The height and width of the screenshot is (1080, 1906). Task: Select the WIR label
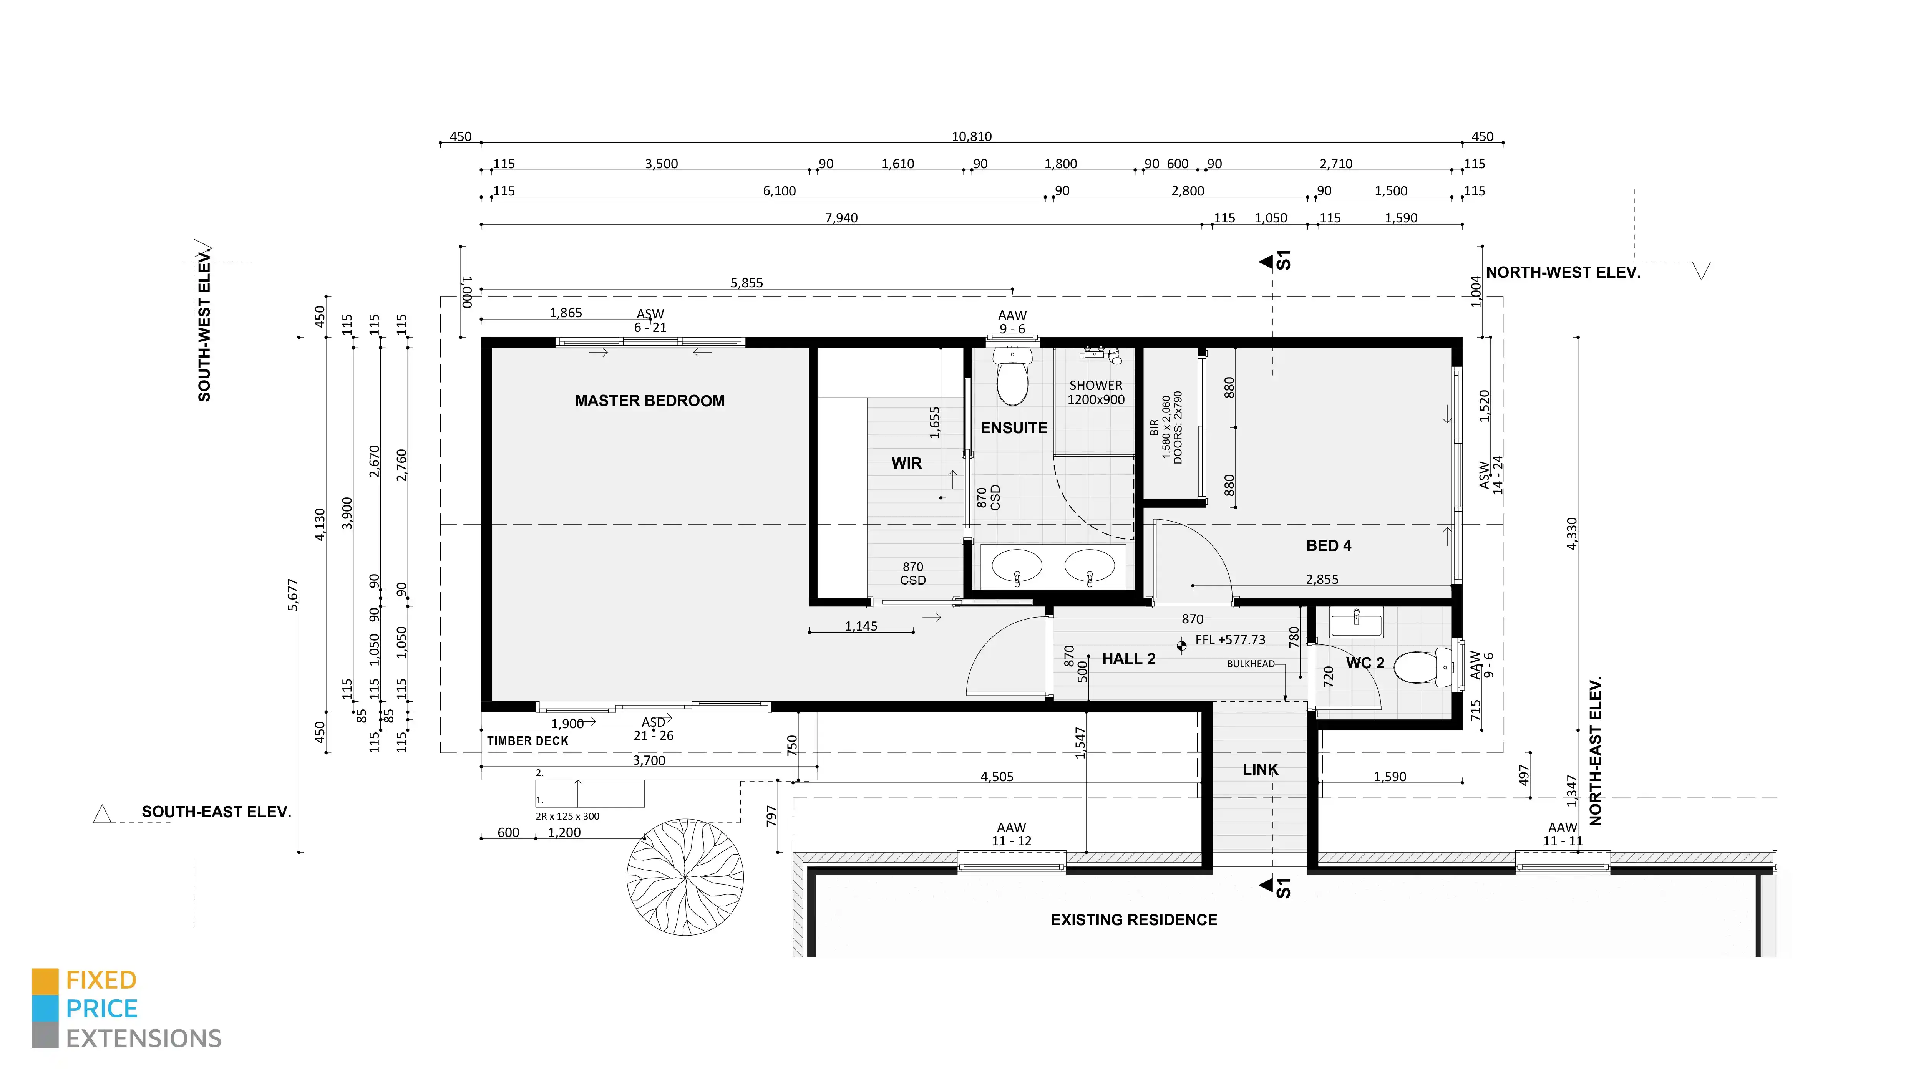[x=907, y=463]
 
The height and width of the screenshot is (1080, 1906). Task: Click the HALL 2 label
[x=1128, y=659]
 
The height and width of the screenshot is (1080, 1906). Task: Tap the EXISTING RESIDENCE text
[x=1134, y=920]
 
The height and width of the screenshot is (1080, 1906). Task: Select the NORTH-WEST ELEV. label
[x=1563, y=272]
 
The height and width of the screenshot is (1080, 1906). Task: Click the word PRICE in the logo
[x=102, y=1009]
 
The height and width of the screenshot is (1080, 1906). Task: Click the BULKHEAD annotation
[x=1250, y=664]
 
